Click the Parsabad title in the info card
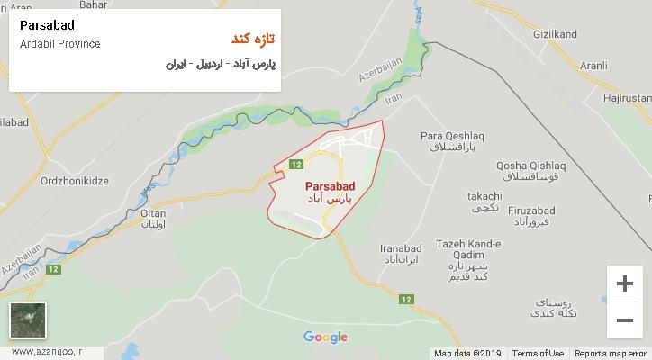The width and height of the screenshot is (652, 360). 46,24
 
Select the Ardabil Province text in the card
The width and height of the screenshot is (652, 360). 59,43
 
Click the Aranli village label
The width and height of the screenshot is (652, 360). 594,66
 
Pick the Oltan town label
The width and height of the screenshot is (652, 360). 154,213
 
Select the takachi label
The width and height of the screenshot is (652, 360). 485,196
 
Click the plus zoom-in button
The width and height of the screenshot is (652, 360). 624,283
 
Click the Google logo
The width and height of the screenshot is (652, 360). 325,337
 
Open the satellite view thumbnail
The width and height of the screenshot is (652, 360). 27,320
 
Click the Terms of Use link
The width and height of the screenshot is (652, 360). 538,354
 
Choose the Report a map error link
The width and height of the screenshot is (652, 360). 611,354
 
